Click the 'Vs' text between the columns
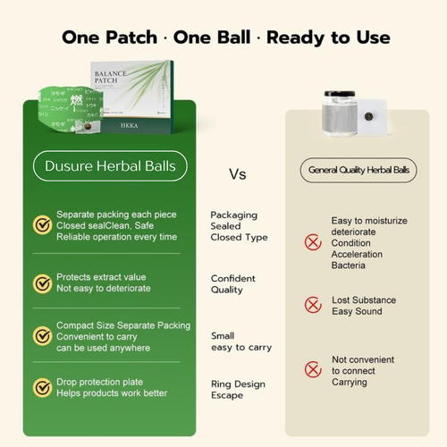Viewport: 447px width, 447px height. (x=237, y=173)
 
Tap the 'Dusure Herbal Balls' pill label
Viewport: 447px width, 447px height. (x=110, y=165)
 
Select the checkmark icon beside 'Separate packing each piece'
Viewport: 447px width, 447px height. (x=42, y=224)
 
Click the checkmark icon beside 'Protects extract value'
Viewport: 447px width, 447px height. (x=42, y=283)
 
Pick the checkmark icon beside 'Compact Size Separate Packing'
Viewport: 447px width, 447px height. (x=42, y=335)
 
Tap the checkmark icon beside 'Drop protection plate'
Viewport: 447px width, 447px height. (x=42, y=387)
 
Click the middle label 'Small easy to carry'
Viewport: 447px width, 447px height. (x=240, y=341)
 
